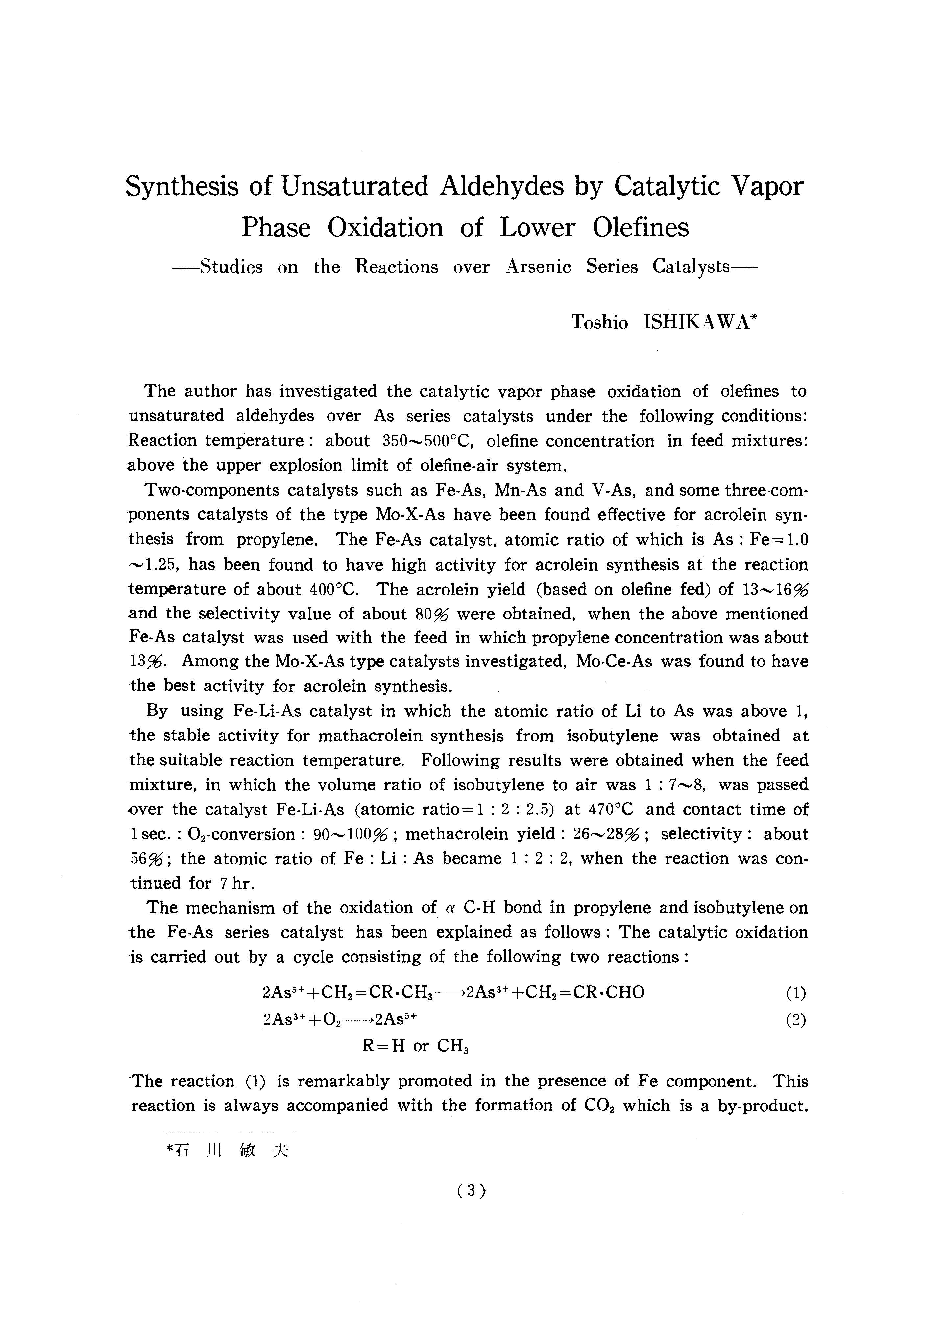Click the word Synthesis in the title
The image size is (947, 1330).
coord(182,187)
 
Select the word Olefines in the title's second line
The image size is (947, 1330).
coord(641,228)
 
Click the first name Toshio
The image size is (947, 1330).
coord(599,322)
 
